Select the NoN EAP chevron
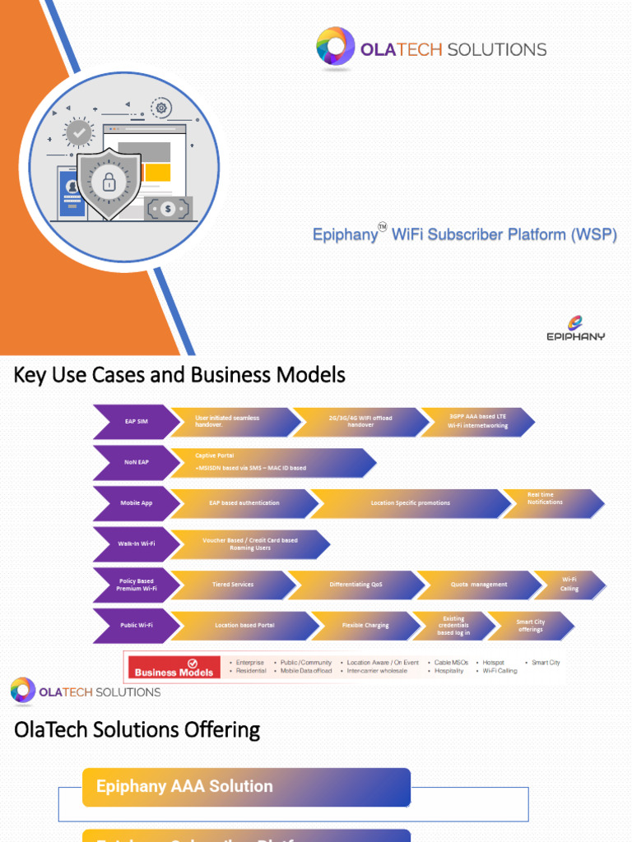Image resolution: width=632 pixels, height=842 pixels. (134, 462)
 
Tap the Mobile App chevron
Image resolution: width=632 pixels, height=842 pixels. (134, 502)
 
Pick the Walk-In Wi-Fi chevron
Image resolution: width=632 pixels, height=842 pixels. (134, 544)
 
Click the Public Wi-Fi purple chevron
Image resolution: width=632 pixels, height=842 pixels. (134, 625)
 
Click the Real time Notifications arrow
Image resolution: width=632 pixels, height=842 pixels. (550, 502)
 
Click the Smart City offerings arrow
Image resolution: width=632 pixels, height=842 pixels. (529, 625)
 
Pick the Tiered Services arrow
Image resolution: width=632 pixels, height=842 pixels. (234, 585)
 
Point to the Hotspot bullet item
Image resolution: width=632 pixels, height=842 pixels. (491, 662)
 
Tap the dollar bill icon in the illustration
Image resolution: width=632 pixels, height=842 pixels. (169, 209)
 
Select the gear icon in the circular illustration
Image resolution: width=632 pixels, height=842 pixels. (161, 107)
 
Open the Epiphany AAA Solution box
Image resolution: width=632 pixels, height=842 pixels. (246, 787)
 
